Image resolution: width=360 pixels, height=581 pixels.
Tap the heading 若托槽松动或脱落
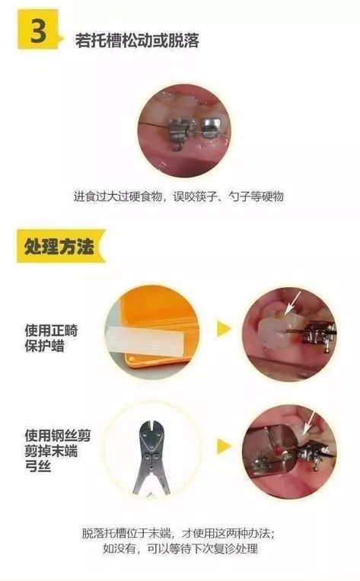(x=137, y=40)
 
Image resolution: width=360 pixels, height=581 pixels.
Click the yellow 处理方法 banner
(x=57, y=247)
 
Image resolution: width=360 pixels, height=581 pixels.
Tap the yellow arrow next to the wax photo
(x=224, y=329)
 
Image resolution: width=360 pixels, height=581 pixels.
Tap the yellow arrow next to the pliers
(x=224, y=445)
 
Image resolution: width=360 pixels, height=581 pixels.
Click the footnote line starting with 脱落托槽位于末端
(x=178, y=532)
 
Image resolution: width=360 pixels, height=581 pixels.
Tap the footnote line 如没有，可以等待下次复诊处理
(x=179, y=549)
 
